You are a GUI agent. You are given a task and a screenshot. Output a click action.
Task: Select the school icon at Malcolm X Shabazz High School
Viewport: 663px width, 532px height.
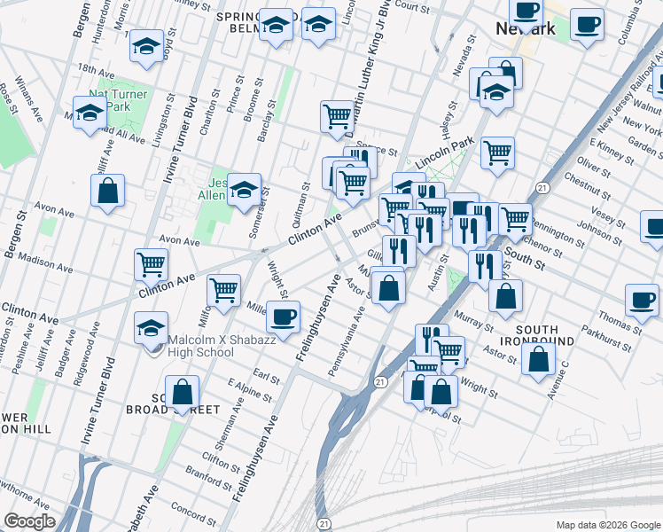coord(152,329)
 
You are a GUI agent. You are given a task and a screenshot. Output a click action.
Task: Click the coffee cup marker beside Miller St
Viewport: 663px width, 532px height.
coord(283,317)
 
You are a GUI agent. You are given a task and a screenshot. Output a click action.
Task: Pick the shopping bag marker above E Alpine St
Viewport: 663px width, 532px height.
coord(182,392)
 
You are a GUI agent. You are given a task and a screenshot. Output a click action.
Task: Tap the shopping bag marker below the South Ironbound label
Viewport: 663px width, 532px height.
coord(538,360)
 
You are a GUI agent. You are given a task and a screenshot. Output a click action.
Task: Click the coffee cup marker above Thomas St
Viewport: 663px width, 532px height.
coord(642,300)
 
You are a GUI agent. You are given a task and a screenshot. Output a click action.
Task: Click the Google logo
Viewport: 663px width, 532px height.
coord(30,521)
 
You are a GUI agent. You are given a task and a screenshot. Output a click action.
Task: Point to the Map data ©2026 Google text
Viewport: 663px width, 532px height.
coord(607,525)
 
